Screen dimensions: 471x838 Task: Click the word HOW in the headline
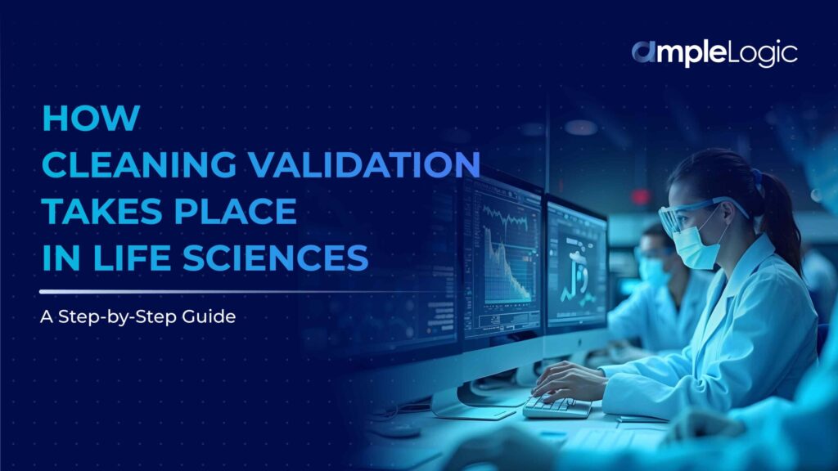pos(90,119)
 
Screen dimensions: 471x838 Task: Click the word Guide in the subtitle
pos(214,316)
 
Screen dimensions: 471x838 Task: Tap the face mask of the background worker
pos(652,270)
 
